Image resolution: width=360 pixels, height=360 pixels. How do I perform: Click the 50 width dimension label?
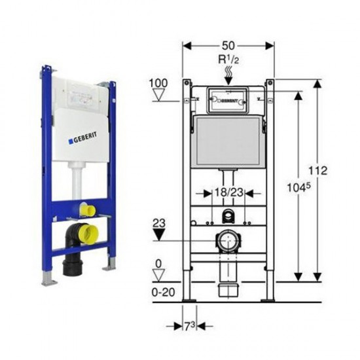coord(228,46)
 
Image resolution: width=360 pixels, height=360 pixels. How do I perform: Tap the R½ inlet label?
coord(228,60)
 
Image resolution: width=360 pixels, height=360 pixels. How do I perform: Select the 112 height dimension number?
coord(317,171)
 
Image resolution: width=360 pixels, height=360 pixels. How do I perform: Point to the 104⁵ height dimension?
coord(298,188)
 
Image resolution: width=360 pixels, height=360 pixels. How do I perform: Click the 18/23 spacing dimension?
coord(228,192)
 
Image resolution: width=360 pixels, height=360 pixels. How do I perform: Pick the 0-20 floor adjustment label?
coord(163,293)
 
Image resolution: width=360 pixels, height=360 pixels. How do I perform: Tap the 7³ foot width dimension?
coord(190,326)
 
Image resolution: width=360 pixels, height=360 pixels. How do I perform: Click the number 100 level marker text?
coord(158,83)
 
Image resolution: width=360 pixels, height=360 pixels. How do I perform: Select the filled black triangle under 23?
coord(159,234)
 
